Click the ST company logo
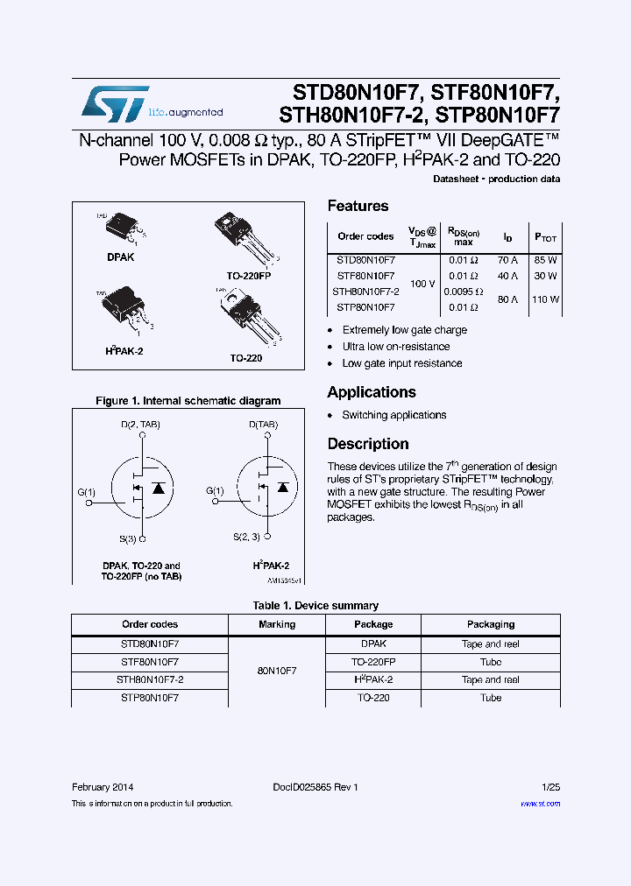click(115, 104)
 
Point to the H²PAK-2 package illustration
click(124, 308)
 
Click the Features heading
click(358, 206)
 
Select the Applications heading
click(372, 392)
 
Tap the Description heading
click(368, 444)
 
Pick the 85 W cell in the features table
click(545, 260)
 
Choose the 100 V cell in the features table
click(422, 284)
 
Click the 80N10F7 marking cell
click(277, 671)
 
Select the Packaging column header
click(491, 624)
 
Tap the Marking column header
click(277, 624)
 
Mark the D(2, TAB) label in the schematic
click(141, 425)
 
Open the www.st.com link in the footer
click(540, 803)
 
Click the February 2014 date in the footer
click(103, 787)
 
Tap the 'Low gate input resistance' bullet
click(402, 363)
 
